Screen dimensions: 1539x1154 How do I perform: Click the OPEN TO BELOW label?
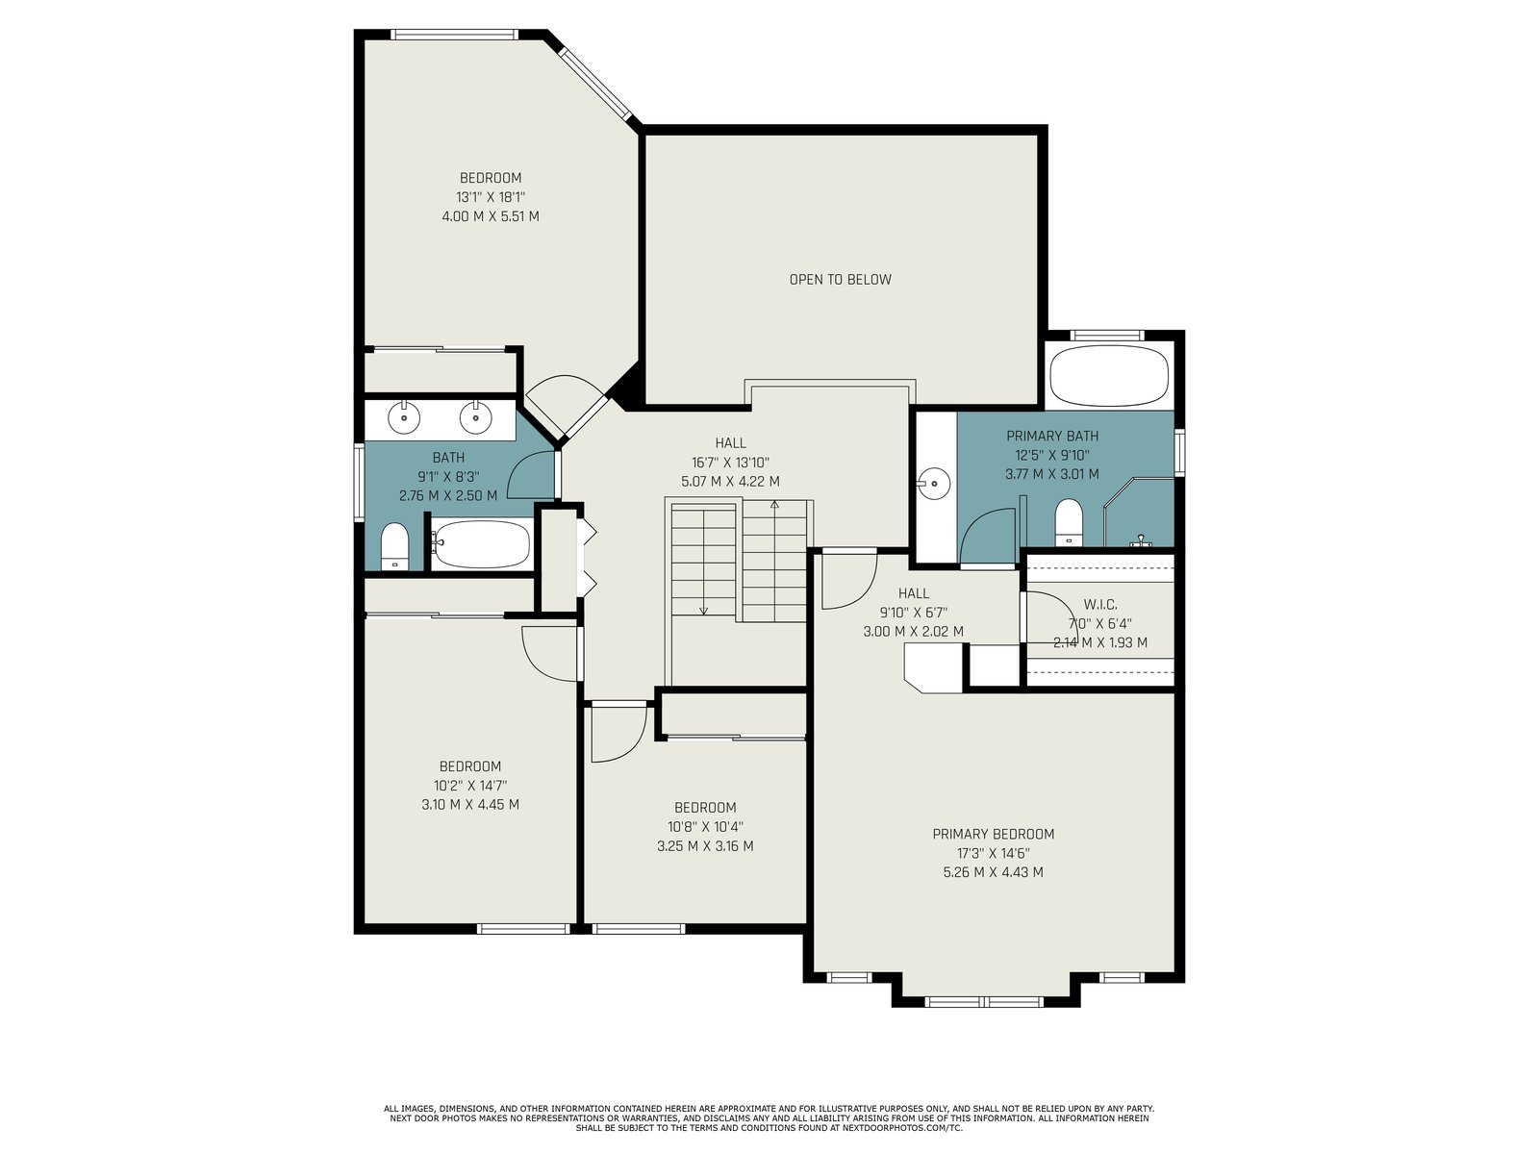click(840, 280)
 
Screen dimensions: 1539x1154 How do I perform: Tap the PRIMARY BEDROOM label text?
click(993, 834)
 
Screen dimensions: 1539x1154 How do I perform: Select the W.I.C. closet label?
click(1100, 604)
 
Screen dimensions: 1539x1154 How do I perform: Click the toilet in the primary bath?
click(1069, 521)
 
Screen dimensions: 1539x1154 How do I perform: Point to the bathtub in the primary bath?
click(1109, 375)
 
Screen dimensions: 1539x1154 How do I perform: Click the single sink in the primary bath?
click(934, 484)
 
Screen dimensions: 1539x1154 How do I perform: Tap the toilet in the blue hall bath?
click(394, 546)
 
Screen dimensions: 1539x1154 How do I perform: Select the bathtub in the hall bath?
click(481, 543)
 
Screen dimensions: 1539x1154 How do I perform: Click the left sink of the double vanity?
click(404, 417)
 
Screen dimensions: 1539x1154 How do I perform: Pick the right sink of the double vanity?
click(476, 417)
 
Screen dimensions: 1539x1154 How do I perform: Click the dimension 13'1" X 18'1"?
click(491, 197)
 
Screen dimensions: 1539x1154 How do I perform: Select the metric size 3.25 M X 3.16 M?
click(705, 845)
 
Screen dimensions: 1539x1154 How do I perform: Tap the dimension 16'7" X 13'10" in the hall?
click(731, 462)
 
